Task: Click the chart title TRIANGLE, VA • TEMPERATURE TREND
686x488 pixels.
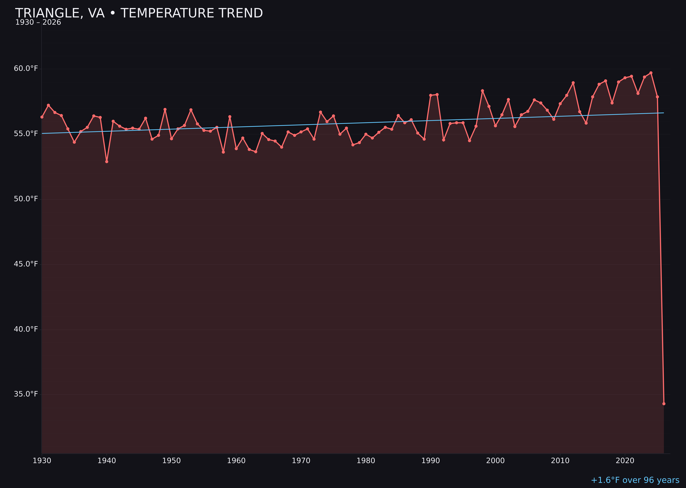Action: coord(139,13)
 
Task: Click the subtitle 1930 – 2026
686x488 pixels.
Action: coord(38,22)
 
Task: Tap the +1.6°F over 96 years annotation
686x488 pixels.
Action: coord(635,480)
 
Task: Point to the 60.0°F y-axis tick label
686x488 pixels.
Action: coord(26,68)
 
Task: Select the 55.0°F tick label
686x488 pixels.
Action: coord(26,133)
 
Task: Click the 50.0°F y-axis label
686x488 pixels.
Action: coord(26,199)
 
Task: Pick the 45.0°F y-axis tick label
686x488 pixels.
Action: coord(26,264)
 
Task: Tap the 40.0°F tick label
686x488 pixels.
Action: coord(26,329)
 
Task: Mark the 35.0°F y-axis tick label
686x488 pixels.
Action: coord(26,394)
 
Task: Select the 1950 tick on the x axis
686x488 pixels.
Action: coord(171,461)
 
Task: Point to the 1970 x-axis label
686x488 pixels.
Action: coord(301,461)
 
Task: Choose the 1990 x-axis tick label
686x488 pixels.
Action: coord(431,461)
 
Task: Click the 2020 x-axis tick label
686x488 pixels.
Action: coord(625,461)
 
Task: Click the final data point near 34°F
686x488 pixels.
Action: coord(664,404)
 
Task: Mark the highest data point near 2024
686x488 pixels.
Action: coord(651,73)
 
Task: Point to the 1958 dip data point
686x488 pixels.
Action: coord(223,152)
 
